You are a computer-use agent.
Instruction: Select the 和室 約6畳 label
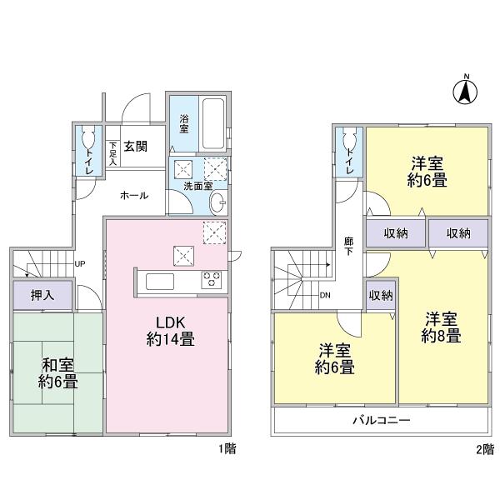[59, 372]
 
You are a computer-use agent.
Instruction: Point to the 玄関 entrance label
[136, 147]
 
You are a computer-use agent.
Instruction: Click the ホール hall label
[134, 195]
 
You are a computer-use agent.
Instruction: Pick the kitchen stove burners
[212, 280]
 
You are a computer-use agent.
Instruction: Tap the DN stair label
[326, 295]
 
